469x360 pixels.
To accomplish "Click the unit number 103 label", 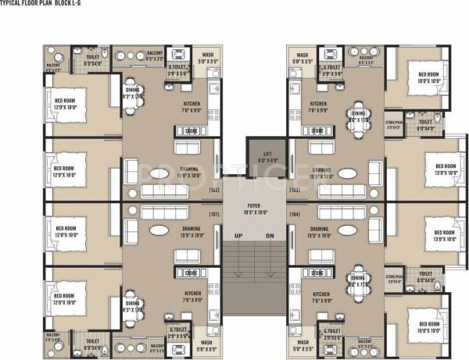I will [x=295, y=190].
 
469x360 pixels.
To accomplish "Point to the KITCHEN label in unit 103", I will [x=318, y=105].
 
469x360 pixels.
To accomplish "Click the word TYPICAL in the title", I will [x=15, y=4].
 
